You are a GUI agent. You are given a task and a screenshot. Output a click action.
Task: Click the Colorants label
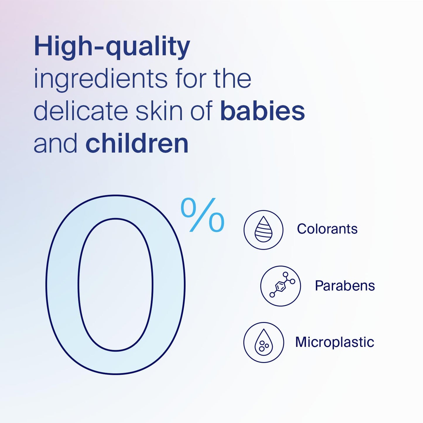[327, 229]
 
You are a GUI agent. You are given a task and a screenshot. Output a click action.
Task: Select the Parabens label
[345, 286]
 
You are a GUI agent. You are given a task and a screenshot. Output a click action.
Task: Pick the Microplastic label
[335, 342]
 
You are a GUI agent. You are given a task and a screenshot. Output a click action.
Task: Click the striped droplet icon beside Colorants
[263, 230]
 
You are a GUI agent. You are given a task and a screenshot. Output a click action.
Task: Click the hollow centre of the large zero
[115, 285]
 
